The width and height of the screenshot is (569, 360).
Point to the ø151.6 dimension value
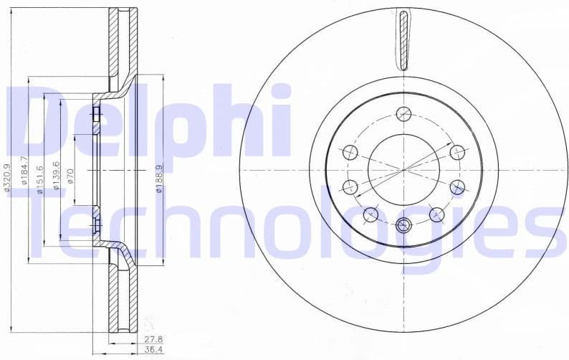(40, 176)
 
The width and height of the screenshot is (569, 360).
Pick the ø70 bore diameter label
(71, 175)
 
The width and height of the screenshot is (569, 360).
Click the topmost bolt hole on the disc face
(403, 113)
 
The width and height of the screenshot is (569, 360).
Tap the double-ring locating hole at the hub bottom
(403, 225)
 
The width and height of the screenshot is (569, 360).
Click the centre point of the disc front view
(403, 169)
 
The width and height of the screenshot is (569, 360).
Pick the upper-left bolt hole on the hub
(350, 152)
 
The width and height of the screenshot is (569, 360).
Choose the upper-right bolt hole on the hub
(457, 152)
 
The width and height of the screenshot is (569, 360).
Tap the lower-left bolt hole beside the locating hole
(370, 214)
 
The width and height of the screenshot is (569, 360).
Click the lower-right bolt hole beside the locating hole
(436, 214)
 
